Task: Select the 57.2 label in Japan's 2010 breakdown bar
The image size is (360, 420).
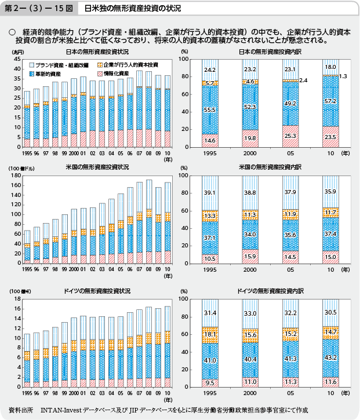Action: (330, 101)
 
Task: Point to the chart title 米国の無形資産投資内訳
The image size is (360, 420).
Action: (270, 167)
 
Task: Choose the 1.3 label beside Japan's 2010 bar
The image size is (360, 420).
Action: (343, 76)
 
